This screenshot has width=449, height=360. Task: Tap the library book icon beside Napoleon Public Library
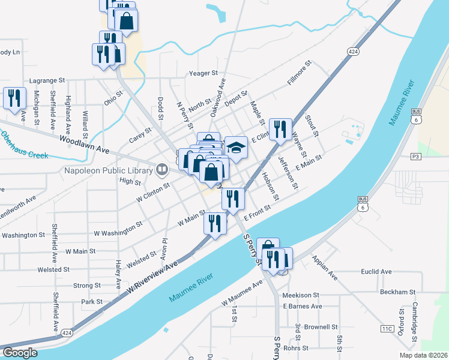tap(161, 170)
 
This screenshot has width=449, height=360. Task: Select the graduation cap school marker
tap(236, 148)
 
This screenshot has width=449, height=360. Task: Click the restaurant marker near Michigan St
tap(14, 98)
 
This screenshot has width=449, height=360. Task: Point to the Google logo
tap(20, 353)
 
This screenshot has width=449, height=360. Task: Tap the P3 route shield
tap(415, 156)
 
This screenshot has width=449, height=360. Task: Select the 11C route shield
tap(387, 328)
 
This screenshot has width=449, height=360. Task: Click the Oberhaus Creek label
tap(23, 146)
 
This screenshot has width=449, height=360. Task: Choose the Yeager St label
tap(203, 73)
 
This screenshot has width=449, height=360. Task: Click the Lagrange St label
tap(46, 80)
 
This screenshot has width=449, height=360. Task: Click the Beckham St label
tap(398, 292)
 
